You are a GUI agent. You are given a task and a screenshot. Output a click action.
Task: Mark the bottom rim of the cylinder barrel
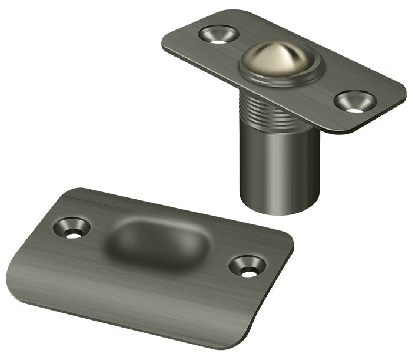(280, 209)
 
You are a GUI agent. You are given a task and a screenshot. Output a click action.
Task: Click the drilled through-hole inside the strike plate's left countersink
(72, 234)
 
